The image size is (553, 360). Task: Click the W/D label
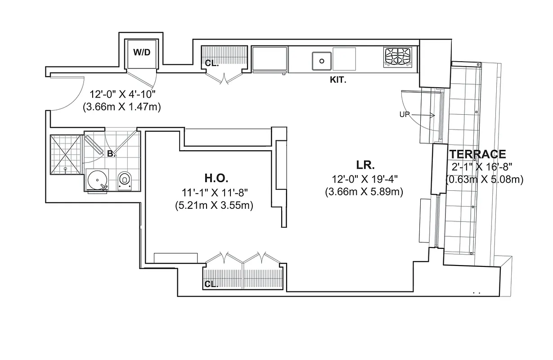point(141,52)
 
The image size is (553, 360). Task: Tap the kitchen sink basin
point(321,60)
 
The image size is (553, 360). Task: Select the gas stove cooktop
point(397,58)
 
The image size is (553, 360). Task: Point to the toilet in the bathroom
point(125,180)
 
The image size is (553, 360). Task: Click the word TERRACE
point(477,154)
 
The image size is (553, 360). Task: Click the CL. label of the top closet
point(211,63)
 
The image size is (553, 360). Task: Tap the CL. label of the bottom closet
point(211,284)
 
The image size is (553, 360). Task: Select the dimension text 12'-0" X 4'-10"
point(122,95)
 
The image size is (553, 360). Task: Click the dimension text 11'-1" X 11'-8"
point(214,193)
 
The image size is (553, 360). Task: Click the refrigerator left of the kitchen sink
point(269,59)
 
